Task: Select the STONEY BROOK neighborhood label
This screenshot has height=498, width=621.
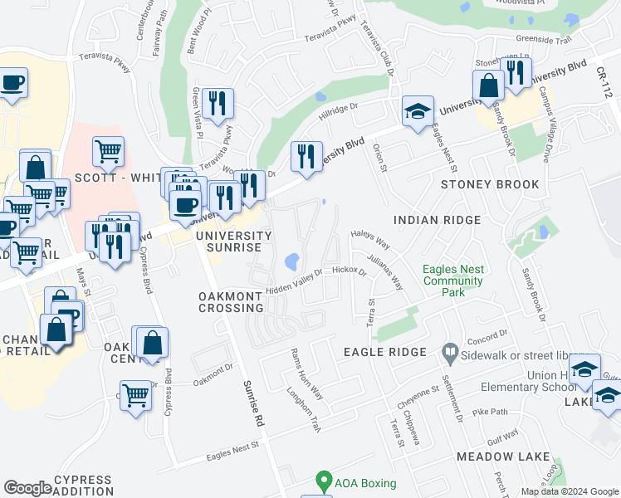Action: pyautogui.click(x=490, y=184)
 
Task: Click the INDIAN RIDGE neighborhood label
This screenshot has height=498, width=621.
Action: pyautogui.click(x=437, y=220)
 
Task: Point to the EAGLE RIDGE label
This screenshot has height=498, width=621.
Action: pyautogui.click(x=385, y=352)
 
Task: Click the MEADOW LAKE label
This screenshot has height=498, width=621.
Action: pyautogui.click(x=502, y=456)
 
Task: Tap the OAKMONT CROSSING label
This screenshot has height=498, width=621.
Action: pyautogui.click(x=231, y=301)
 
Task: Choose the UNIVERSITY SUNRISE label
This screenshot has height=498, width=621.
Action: pyautogui.click(x=233, y=242)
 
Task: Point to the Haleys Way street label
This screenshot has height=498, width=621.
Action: pyautogui.click(x=370, y=239)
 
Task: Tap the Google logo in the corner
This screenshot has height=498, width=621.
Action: pyautogui.click(x=27, y=488)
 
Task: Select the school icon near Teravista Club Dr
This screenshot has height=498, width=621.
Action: pyautogui.click(x=418, y=110)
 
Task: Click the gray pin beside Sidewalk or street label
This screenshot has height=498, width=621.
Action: pyautogui.click(x=450, y=353)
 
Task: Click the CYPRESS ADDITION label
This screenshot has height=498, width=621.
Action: pyautogui.click(x=82, y=486)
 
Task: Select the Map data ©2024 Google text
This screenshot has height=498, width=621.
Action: pyautogui.click(x=570, y=491)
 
